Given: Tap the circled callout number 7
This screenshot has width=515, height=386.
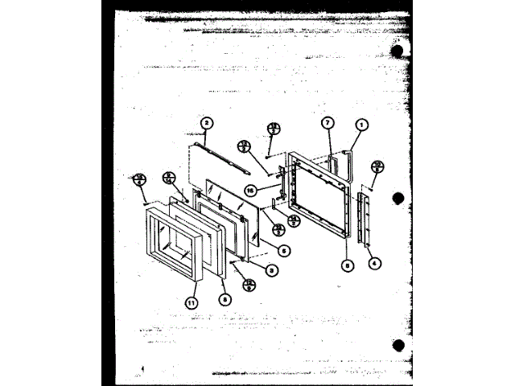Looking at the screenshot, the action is [328, 123].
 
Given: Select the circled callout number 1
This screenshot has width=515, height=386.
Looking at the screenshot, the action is [362, 125].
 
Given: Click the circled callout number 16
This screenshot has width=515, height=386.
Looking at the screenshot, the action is [250, 191].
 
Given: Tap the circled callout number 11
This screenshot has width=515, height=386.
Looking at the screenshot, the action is [191, 302].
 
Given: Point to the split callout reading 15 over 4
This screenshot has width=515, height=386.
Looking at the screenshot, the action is [140, 179].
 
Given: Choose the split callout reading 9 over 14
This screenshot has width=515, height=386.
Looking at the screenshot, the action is [169, 178].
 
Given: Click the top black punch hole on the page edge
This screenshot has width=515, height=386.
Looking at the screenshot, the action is [396, 50].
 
